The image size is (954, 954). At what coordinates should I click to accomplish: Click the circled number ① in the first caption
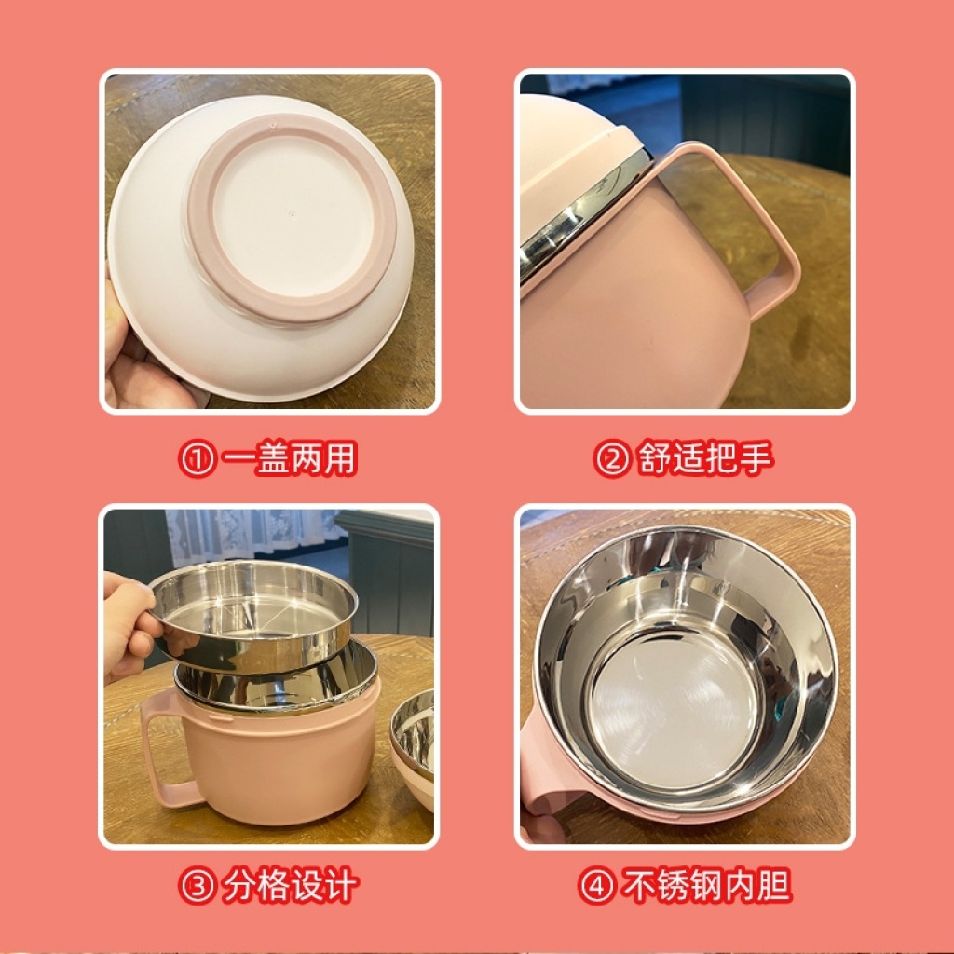197,459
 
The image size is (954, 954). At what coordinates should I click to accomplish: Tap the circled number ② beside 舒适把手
611,459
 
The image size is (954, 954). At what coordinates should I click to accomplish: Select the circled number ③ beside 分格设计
197,887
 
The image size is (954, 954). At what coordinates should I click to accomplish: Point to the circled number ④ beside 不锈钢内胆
596,887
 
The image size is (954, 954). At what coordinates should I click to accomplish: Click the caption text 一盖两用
289,459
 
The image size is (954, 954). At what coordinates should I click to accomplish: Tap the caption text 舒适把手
705,459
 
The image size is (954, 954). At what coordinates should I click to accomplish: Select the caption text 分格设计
290,887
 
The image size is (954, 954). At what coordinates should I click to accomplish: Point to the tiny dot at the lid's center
292,214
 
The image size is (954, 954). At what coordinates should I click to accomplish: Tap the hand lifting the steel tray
127,627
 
